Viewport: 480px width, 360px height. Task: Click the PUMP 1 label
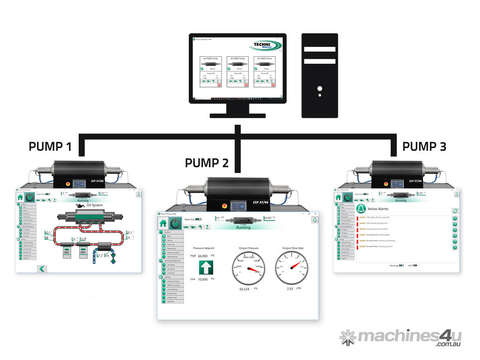[50, 147]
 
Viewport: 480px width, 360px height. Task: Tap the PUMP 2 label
[207, 163]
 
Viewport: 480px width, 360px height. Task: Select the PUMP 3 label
[424, 147]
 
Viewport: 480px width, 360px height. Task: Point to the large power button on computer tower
[319, 88]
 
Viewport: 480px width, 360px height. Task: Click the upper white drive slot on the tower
[319, 49]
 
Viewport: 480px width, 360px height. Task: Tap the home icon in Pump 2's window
[163, 223]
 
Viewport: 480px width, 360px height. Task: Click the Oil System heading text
[94, 205]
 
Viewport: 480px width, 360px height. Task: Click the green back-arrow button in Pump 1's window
[42, 268]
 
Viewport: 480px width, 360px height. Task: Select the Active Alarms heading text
[379, 209]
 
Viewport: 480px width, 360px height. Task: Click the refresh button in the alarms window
[455, 211]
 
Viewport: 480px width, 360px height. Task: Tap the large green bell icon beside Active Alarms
[360, 209]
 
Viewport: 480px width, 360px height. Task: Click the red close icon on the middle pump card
[246, 85]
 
